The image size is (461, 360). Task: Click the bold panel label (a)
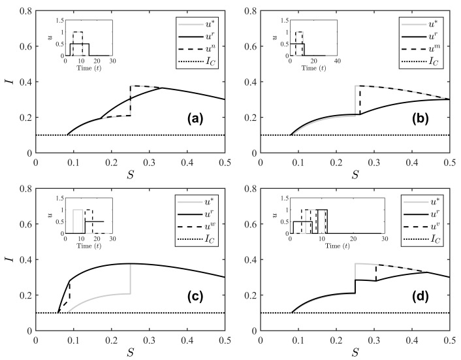195,118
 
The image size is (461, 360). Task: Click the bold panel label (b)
421,118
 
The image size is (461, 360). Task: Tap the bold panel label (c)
195,297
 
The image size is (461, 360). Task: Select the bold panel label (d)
421,297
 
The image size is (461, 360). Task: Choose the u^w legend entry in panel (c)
196,227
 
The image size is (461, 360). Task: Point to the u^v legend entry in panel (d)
421,227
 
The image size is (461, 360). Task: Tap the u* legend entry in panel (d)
421,202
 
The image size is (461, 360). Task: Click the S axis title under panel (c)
130,352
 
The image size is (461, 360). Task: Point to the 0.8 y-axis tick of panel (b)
251,11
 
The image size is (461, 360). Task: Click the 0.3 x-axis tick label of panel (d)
374,340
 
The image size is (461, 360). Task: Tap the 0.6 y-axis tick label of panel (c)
27,224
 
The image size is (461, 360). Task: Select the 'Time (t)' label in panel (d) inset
338,246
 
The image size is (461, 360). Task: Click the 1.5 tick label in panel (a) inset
59,20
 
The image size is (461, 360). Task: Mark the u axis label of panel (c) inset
50,216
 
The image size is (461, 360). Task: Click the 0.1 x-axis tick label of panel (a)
74,163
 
